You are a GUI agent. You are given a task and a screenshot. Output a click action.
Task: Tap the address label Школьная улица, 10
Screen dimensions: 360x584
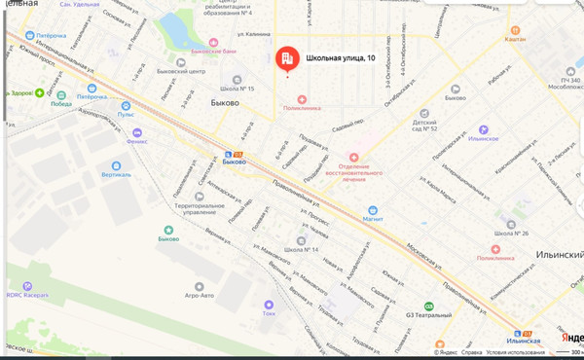(341, 59)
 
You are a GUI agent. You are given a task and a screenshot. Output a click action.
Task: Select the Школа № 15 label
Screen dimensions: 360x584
(237, 89)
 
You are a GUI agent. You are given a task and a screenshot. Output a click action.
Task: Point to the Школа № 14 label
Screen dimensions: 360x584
(301, 250)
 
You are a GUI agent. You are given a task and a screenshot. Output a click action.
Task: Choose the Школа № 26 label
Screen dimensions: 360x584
(511, 234)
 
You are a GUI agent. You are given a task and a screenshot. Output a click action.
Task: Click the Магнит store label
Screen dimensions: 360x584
(372, 219)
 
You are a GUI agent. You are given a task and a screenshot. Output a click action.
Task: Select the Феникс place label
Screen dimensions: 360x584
(137, 140)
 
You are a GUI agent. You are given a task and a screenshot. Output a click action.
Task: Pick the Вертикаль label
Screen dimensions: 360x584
(116, 175)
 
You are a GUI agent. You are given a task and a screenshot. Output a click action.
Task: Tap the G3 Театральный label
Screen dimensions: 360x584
(428, 315)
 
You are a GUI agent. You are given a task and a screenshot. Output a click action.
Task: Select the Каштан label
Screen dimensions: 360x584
(516, 39)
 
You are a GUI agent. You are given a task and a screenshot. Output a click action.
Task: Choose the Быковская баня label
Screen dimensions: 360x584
(214, 50)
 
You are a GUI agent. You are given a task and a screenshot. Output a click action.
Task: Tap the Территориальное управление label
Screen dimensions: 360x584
(194, 209)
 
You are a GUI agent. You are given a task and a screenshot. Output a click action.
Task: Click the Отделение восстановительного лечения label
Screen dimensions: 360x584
(354, 170)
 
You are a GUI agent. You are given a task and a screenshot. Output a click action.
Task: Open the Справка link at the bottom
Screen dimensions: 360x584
(471, 353)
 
